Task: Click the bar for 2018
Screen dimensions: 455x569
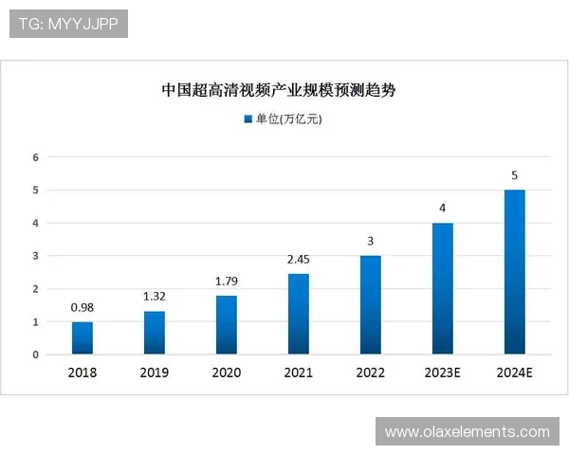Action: coord(83,338)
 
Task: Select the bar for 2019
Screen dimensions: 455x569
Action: coord(155,333)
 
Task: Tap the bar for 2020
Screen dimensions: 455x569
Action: coord(227,325)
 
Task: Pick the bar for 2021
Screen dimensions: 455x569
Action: coord(299,314)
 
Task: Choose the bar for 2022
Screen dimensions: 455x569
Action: coord(371,305)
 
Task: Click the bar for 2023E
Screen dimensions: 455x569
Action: coord(442,289)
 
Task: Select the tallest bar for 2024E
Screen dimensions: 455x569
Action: coord(514,272)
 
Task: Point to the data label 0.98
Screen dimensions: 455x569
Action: coord(83,307)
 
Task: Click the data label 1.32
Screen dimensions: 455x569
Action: coord(155,296)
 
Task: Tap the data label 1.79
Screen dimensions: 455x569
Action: coord(227,281)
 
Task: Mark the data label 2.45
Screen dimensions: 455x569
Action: coord(299,259)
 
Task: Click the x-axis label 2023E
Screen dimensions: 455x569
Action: coord(442,373)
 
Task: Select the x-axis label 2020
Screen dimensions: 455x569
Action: coord(227,373)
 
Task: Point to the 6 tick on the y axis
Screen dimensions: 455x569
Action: coord(35,157)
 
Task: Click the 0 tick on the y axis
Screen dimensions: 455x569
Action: coord(35,355)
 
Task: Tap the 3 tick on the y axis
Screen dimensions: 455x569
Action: coord(35,256)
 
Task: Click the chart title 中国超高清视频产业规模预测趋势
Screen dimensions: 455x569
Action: coord(278,91)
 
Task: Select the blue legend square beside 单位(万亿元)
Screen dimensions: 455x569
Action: coord(248,119)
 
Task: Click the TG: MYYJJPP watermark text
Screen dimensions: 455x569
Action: coord(68,24)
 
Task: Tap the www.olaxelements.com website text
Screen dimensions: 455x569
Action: coord(467,432)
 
